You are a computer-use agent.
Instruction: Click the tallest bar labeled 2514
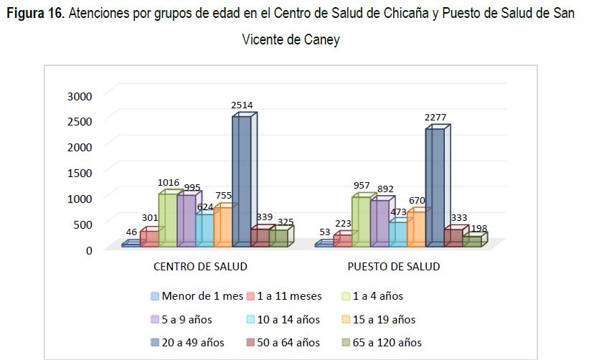tap(245, 179)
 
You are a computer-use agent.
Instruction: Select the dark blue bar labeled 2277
tap(438, 186)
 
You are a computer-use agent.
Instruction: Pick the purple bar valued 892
tap(383, 222)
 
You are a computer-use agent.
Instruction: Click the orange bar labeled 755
tap(226, 225)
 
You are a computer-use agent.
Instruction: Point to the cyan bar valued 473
tap(401, 232)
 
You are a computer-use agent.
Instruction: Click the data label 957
tap(362, 186)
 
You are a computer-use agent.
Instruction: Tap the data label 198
tap(479, 228)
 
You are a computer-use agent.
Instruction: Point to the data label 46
tap(131, 232)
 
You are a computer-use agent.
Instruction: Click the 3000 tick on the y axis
tap(80, 96)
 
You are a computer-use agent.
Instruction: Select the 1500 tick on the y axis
tap(80, 173)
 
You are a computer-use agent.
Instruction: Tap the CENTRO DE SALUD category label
tap(200, 267)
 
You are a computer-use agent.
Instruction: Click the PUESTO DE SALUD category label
tap(394, 267)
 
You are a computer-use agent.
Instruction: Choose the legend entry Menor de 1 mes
tap(197, 296)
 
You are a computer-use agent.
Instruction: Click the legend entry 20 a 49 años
tap(187, 342)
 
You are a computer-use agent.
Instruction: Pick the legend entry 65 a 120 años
tap(382, 342)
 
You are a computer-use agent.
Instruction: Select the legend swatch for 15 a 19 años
tap(346, 319)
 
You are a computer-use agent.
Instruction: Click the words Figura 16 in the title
tap(36, 13)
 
